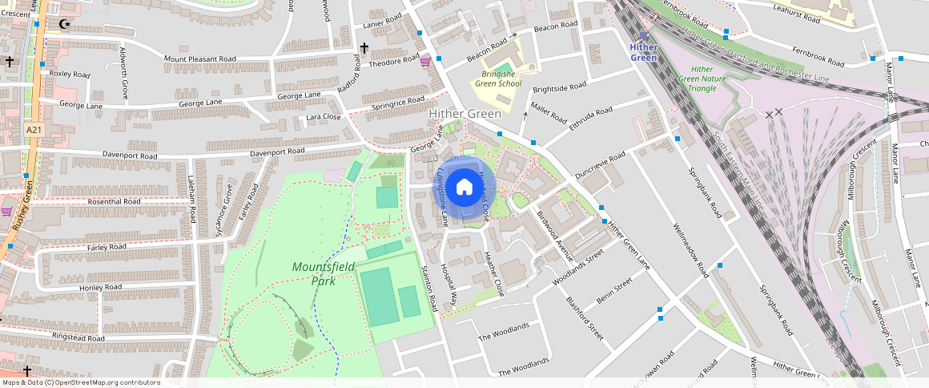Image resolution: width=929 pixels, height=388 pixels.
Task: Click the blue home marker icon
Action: pyautogui.click(x=464, y=188)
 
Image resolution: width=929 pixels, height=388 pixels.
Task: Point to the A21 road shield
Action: pyautogui.click(x=33, y=130)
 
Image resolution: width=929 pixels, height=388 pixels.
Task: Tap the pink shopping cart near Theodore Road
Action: pyautogui.click(x=425, y=62)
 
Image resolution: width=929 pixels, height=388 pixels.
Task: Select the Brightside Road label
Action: pyautogui.click(x=560, y=86)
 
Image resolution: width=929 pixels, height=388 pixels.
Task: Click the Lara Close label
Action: pyautogui.click(x=324, y=117)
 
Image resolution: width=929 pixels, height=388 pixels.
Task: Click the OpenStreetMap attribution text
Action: pyautogui.click(x=80, y=382)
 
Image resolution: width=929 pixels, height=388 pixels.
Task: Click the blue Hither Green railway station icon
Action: pyautogui.click(x=644, y=36)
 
